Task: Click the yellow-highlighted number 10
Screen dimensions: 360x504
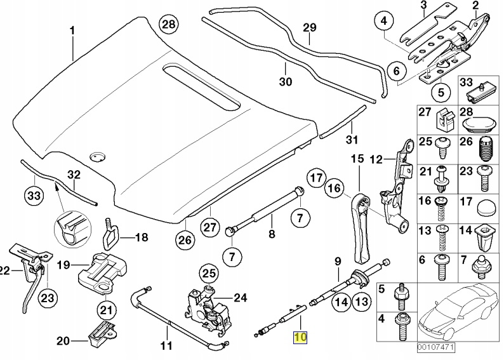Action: tap(299, 337)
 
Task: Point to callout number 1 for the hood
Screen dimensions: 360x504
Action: tap(72, 30)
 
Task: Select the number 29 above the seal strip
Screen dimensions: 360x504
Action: tap(309, 27)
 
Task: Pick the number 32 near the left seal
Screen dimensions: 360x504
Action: tap(74, 175)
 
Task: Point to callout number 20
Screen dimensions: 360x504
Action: tap(62, 341)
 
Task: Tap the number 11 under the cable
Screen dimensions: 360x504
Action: tap(166, 347)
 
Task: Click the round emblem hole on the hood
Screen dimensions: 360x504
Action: tap(97, 156)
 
